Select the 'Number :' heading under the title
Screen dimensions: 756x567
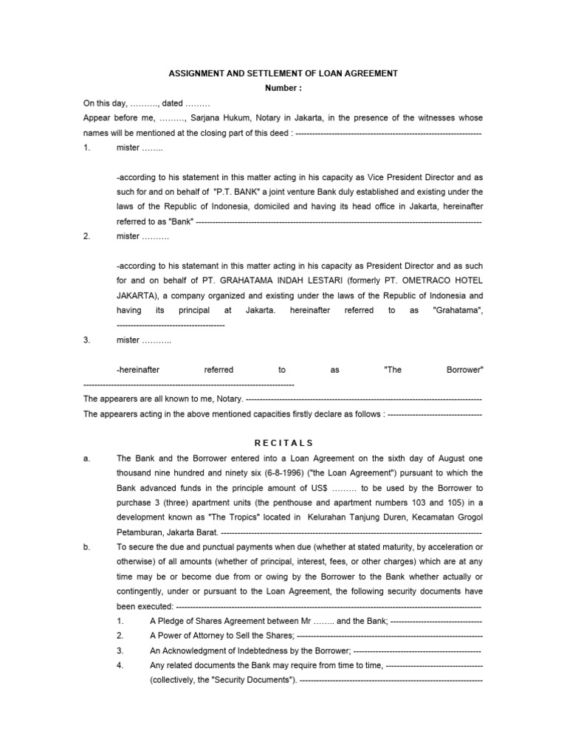(x=283, y=89)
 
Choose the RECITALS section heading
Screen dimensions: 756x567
(x=283, y=442)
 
